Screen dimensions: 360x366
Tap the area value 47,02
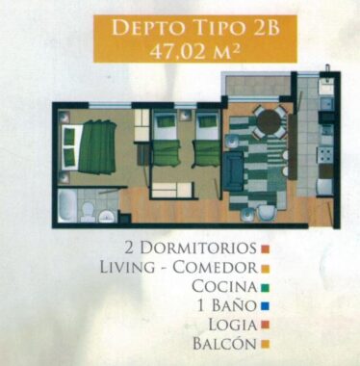click(178, 51)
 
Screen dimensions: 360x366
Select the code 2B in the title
click(267, 28)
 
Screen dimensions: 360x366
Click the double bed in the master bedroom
click(89, 147)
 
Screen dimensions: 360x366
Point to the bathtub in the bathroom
click(67, 205)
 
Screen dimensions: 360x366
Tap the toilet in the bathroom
click(87, 211)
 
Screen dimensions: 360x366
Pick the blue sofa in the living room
click(234, 171)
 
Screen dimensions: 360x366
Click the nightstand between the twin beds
click(186, 115)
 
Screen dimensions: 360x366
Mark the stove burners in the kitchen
click(325, 155)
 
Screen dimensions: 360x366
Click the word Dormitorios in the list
click(198, 248)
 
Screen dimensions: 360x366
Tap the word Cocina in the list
click(224, 286)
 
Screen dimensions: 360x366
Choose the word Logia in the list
click(233, 325)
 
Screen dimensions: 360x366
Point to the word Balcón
click(224, 343)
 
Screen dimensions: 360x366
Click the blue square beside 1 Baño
click(265, 306)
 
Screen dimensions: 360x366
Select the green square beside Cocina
click(265, 287)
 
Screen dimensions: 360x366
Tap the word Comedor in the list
click(215, 268)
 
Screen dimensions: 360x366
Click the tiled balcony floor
click(257, 86)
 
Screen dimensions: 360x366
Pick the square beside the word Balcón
click(265, 344)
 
